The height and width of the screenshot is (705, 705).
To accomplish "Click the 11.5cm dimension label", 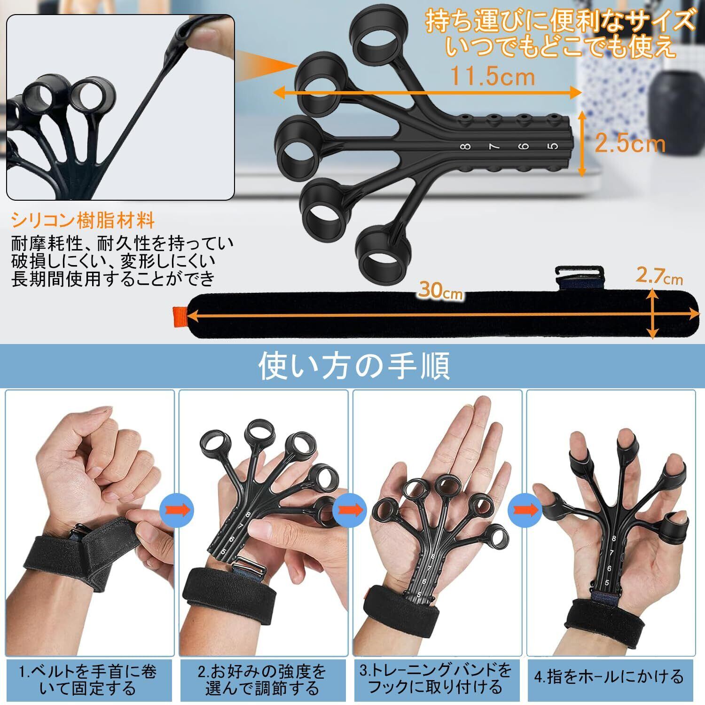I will (493, 76).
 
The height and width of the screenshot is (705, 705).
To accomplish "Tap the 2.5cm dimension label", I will (630, 144).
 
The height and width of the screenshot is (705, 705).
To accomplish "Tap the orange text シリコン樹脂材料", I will (83, 220).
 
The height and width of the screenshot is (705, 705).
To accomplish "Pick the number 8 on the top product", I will (466, 147).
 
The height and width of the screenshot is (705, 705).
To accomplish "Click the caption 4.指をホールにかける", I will (609, 677).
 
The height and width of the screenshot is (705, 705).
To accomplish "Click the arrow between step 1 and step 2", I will (177, 509).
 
